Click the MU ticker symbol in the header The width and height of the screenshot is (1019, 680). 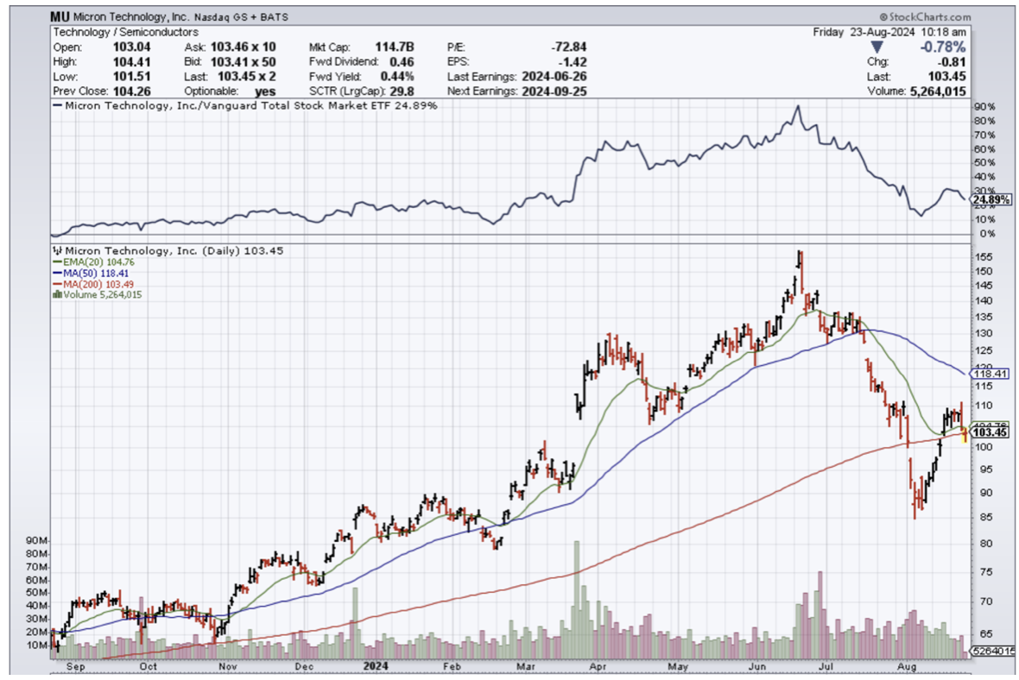pyautogui.click(x=61, y=17)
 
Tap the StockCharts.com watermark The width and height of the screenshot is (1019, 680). pyautogui.click(x=925, y=17)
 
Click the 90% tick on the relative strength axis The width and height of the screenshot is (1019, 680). pyautogui.click(x=981, y=106)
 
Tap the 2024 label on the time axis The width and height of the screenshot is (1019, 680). pyautogui.click(x=376, y=666)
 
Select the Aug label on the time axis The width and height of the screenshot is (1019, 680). pyautogui.click(x=907, y=666)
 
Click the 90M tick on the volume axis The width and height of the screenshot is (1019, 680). pyautogui.click(x=35, y=540)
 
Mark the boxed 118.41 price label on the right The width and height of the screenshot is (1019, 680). pyautogui.click(x=991, y=374)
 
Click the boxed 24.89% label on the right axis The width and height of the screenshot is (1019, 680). pyautogui.click(x=991, y=200)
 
